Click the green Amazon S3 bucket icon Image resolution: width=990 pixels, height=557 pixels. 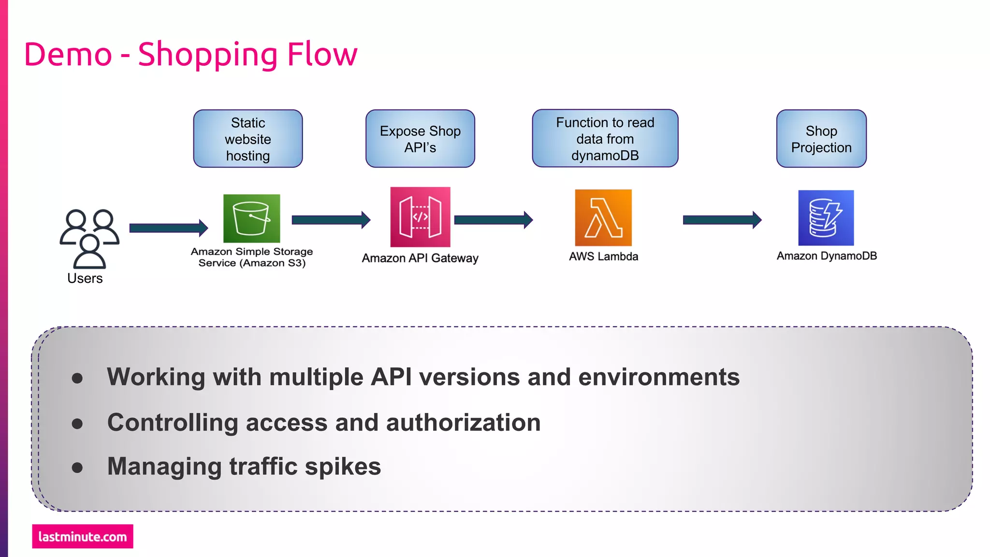coord(251,218)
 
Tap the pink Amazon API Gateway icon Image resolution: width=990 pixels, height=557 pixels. coord(420,217)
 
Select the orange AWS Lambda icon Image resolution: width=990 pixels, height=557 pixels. coord(603,218)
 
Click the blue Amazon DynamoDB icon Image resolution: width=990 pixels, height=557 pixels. coord(826,218)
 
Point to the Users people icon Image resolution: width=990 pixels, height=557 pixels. coord(89,238)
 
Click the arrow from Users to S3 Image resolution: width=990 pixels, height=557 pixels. coord(168,228)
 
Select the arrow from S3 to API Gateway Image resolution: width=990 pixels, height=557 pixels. coord(331,220)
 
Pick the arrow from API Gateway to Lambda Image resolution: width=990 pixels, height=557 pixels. coord(493,220)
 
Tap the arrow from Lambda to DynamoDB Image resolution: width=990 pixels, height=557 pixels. coord(722,220)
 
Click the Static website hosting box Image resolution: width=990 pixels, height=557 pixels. coord(248,139)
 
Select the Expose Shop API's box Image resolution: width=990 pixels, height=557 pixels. coord(420,139)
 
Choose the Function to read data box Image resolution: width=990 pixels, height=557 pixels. coord(605,139)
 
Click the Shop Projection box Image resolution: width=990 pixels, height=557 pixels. coord(821,139)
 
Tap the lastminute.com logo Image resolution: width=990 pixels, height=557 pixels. coord(83,536)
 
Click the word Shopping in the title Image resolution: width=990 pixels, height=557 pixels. coord(207,55)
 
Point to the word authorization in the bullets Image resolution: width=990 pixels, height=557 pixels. coord(463,423)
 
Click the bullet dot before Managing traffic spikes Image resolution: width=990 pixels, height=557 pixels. coord(77,468)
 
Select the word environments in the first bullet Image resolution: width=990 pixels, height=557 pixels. coord(658,377)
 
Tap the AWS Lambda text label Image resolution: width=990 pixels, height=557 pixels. coord(603,257)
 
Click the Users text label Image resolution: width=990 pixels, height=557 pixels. coord(85,278)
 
